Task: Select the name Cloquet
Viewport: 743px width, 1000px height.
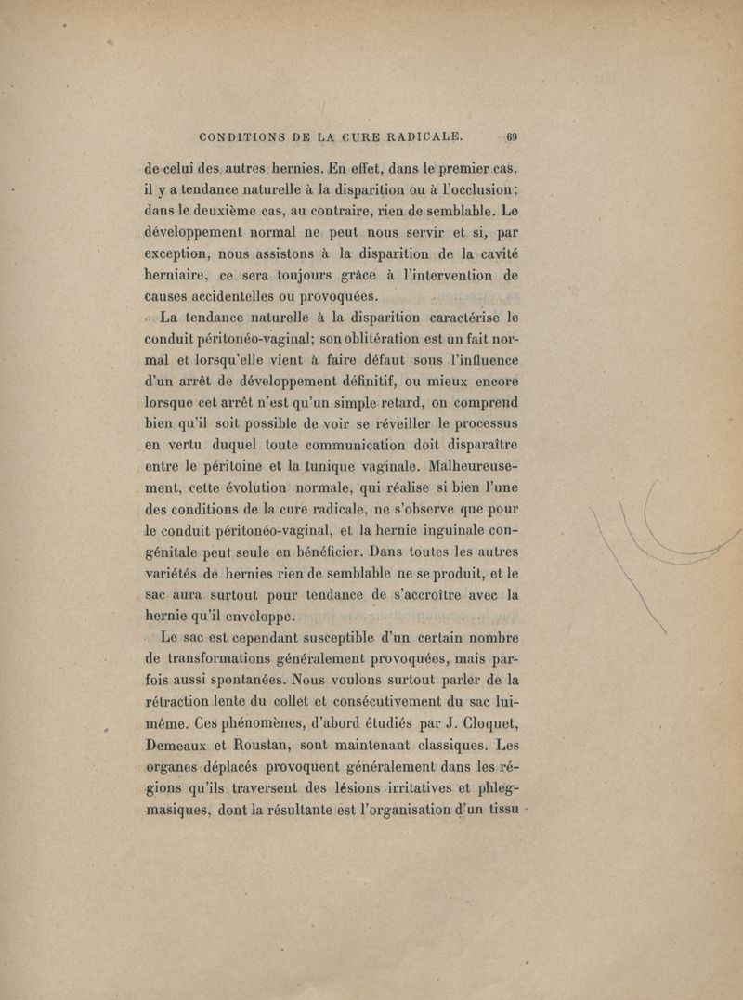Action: tap(478, 717)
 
